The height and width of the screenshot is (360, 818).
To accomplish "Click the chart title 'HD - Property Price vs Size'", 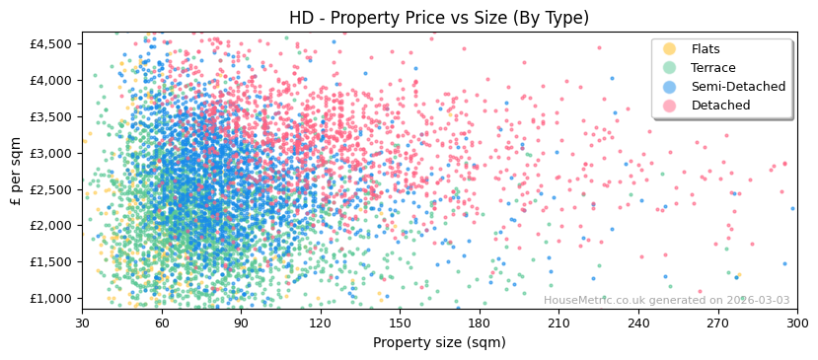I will point(439,18).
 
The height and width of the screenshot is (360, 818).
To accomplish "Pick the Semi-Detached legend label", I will point(738,87).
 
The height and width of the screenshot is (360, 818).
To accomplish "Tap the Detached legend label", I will point(720,106).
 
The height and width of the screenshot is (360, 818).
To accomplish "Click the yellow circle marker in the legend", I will point(670,49).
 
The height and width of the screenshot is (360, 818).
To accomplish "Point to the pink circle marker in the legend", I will point(670,106).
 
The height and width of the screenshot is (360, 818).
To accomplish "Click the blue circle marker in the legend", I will point(670,87).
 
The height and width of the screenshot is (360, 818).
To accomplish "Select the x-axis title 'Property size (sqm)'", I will point(439,343).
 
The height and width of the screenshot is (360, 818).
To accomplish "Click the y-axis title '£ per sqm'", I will point(16,172).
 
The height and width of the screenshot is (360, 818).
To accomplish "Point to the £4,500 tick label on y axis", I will point(50,44).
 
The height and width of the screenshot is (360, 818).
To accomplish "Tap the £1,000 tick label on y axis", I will point(50,298).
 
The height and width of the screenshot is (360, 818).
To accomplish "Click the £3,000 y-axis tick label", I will point(50,153).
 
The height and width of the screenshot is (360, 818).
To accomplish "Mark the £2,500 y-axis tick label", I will point(50,189).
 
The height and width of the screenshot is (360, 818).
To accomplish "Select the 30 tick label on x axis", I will point(82,323).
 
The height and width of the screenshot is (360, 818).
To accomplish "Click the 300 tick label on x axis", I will point(796,323).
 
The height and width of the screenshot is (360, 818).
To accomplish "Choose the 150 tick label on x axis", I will point(400,323).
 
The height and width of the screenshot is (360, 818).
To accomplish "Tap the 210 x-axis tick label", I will point(558,323).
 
